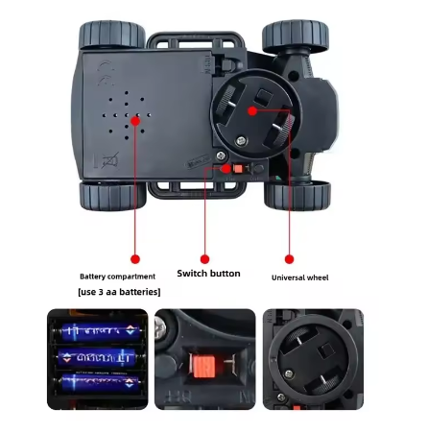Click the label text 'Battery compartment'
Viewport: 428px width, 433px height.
coord(116,276)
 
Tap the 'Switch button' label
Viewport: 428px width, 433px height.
coord(208,274)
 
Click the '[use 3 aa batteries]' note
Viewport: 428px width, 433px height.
coord(119,291)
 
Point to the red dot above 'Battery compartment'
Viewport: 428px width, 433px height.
coord(135,258)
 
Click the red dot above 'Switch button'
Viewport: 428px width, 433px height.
coord(204,258)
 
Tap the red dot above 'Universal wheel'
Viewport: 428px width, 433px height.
coord(289,258)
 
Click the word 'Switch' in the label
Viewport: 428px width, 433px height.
coord(192,274)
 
